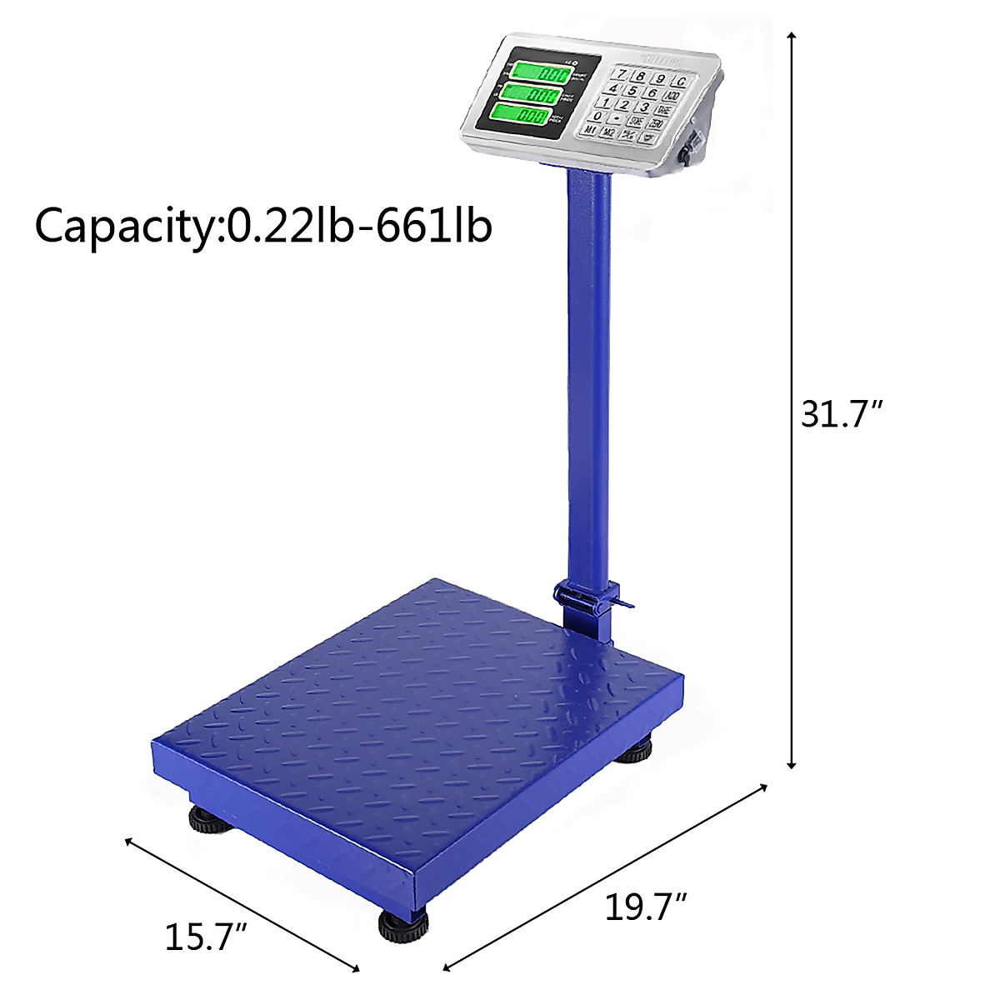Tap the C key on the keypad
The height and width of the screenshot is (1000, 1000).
[681, 82]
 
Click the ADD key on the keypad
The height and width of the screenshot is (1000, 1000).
[673, 97]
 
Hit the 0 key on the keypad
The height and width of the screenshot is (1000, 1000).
[597, 116]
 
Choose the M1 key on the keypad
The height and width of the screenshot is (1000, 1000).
[590, 130]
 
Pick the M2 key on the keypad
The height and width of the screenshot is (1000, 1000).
[610, 132]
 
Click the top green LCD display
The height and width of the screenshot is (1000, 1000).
[540, 72]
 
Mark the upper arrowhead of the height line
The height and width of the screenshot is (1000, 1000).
[792, 36]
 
